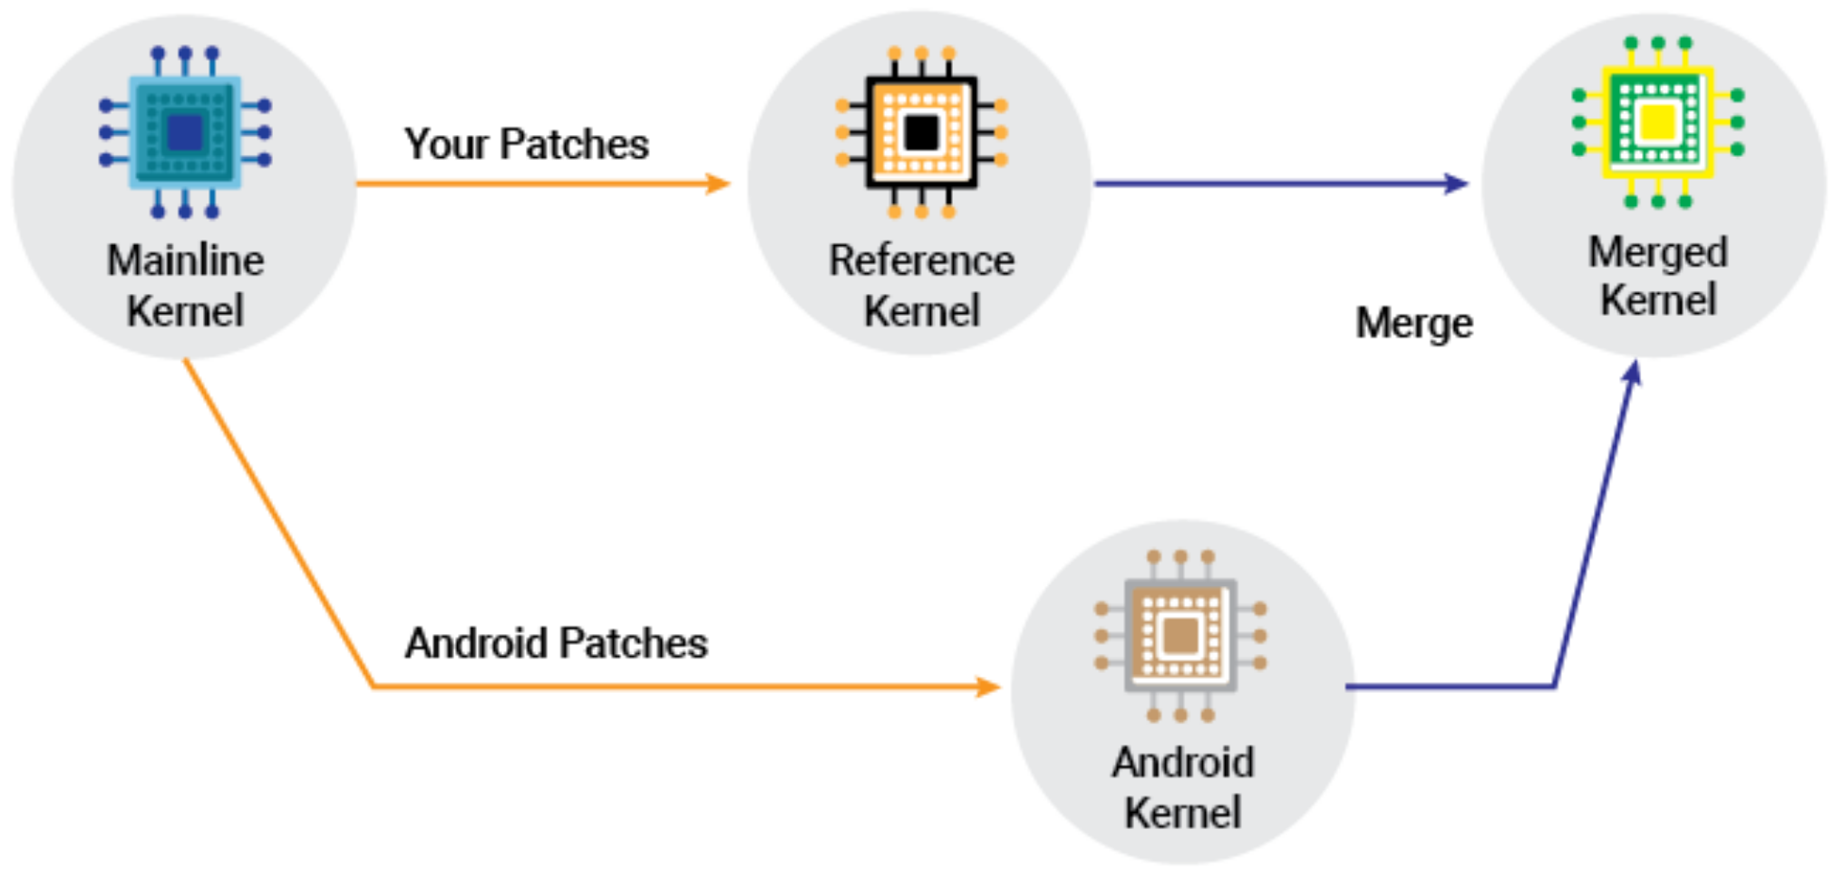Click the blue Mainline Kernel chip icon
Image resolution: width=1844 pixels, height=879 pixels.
pos(185,132)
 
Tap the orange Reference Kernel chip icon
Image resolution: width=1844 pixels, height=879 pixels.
pos(921,132)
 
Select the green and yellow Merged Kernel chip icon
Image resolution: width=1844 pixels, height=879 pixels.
pos(1657,122)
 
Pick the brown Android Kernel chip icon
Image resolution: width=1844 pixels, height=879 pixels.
pos(1180,635)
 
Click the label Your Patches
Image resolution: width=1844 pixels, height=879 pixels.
pos(526,144)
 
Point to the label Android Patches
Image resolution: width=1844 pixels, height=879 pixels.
pos(556,643)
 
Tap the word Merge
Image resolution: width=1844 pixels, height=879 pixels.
pos(1413,324)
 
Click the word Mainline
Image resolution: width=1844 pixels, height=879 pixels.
pos(185,261)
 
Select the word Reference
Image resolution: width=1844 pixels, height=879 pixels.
pos(921,261)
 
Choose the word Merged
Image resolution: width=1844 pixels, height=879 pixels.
pos(1657,252)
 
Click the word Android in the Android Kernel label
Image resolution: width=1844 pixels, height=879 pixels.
pos(1183,762)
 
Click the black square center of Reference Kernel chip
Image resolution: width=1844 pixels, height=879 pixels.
pos(921,133)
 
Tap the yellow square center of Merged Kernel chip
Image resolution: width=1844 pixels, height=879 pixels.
pos(1657,122)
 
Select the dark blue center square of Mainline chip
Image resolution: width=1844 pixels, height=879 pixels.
pos(185,133)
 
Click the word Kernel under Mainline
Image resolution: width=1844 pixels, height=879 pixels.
pos(185,311)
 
